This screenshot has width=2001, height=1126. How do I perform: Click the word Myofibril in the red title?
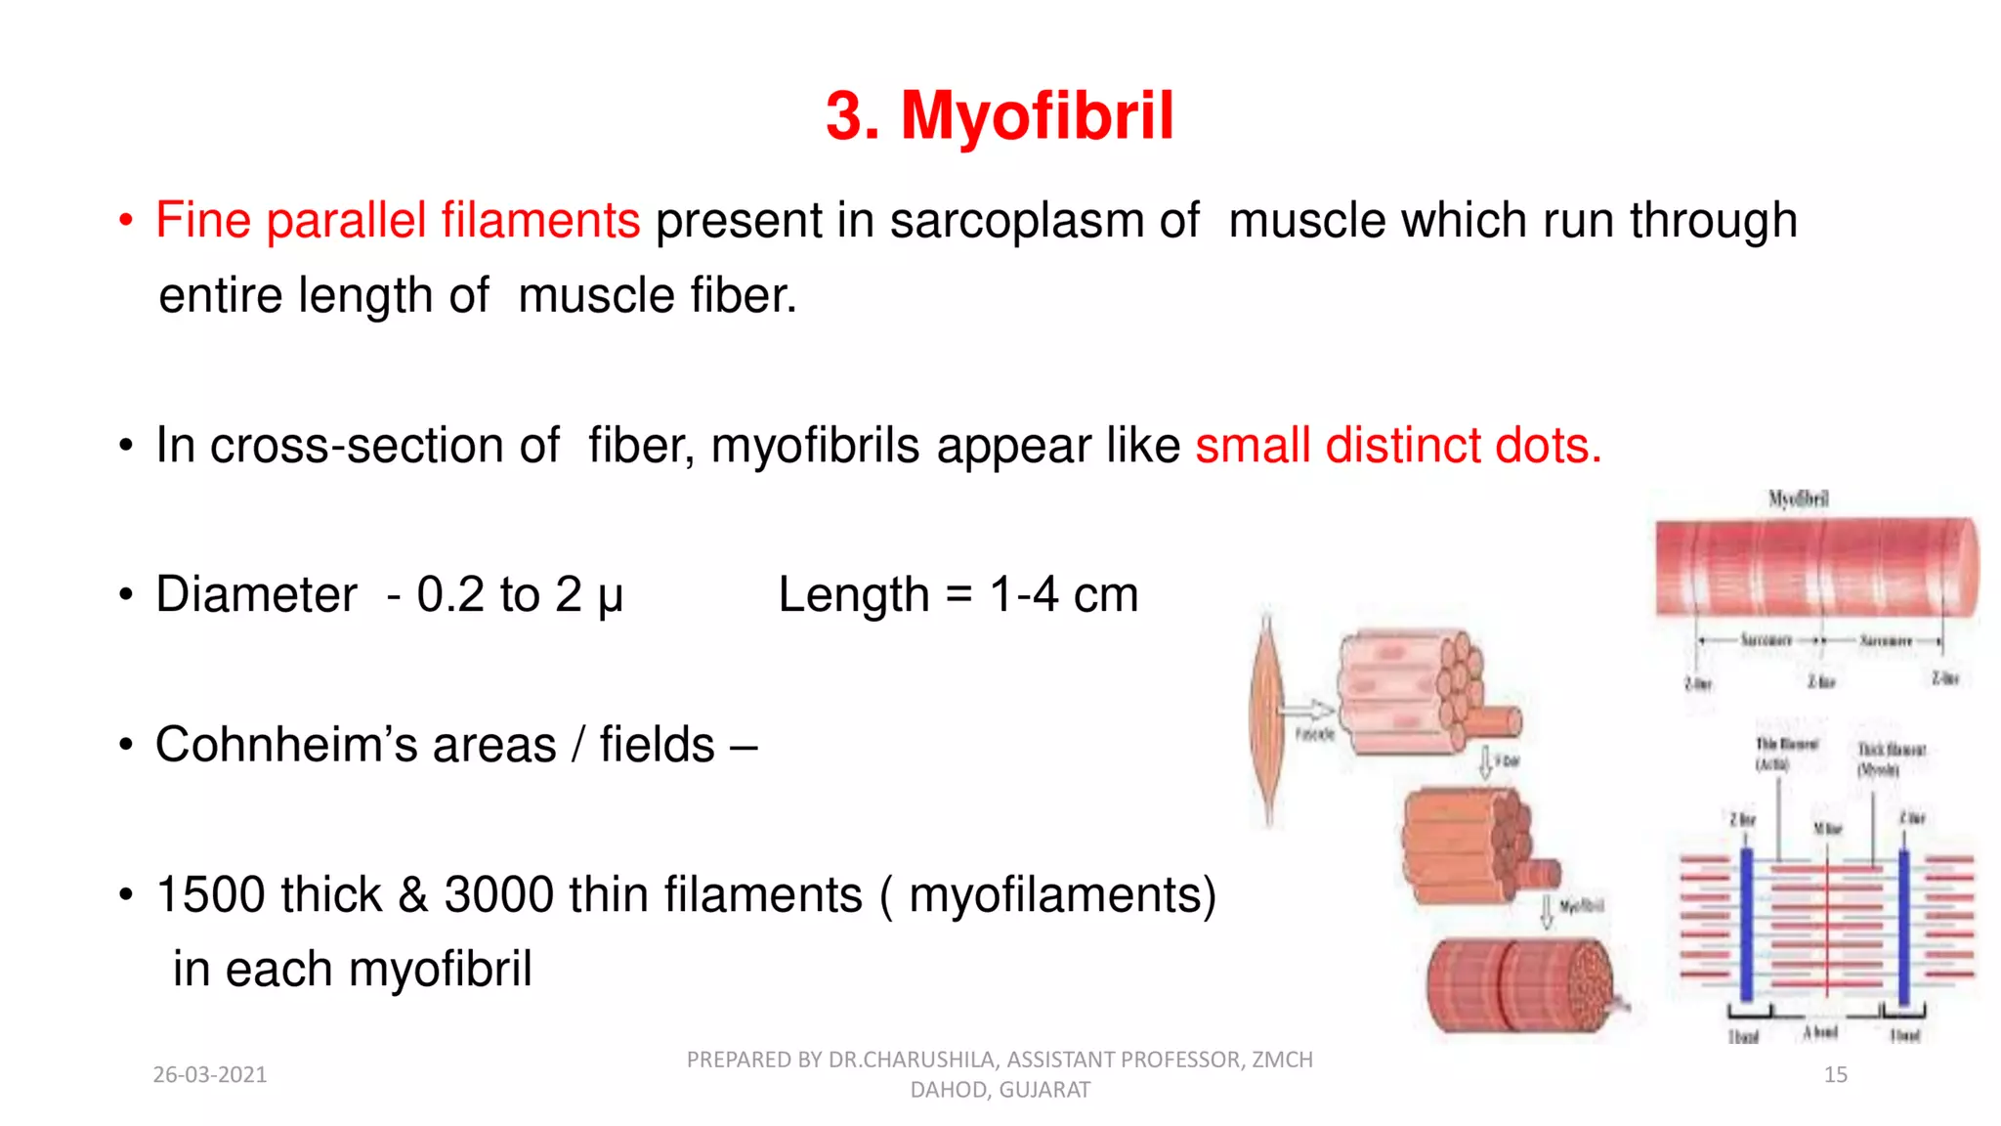coord(1037,115)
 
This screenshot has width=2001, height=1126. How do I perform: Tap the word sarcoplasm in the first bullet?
coord(1016,220)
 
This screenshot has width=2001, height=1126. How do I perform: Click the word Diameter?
coord(256,594)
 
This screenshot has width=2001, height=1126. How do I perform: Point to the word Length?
coord(853,594)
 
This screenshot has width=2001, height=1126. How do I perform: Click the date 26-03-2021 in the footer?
coord(210,1075)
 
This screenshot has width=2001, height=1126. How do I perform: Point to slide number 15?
coord(1835,1075)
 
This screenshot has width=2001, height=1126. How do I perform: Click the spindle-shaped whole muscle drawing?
coord(1268,718)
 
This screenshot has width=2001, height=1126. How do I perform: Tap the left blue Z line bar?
coord(1746,924)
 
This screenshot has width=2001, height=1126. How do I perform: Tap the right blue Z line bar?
coord(1903,924)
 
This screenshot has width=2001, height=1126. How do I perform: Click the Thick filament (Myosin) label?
coord(1891,758)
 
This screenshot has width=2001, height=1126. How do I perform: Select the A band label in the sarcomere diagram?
coord(1820,1032)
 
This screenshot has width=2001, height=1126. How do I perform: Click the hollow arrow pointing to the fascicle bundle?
coord(1307,710)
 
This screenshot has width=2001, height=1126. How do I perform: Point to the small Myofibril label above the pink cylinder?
coord(1798,498)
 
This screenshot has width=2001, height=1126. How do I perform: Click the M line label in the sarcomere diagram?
coord(1827,829)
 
